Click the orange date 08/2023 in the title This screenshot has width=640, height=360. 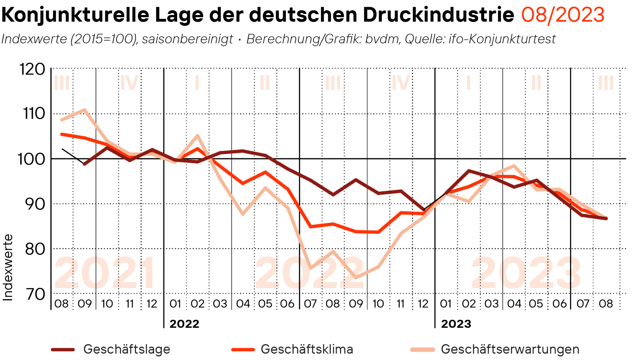click(x=562, y=15)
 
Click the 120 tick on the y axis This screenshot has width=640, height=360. click(x=32, y=69)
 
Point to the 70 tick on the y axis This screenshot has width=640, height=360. click(x=36, y=294)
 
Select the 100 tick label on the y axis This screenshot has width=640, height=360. click(x=31, y=159)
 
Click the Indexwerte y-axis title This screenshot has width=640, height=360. click(x=8, y=267)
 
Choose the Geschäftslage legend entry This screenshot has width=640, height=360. click(x=127, y=349)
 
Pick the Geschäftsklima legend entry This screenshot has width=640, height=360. click(x=307, y=349)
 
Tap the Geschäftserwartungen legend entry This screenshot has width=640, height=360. click(x=510, y=349)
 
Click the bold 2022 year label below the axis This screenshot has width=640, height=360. click(x=184, y=324)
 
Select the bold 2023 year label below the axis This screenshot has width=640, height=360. click(x=456, y=324)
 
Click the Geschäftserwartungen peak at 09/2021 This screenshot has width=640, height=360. click(x=84, y=110)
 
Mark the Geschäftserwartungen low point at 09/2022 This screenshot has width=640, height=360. click(x=356, y=277)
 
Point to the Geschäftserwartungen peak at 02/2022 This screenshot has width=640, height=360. click(x=197, y=135)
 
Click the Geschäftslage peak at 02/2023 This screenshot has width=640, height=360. click(x=469, y=171)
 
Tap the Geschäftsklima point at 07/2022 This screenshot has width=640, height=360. click(x=310, y=227)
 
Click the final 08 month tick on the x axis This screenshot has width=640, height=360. click(x=606, y=304)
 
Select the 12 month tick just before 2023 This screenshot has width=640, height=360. click(x=423, y=304)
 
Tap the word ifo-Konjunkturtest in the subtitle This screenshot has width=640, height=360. click(x=502, y=39)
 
